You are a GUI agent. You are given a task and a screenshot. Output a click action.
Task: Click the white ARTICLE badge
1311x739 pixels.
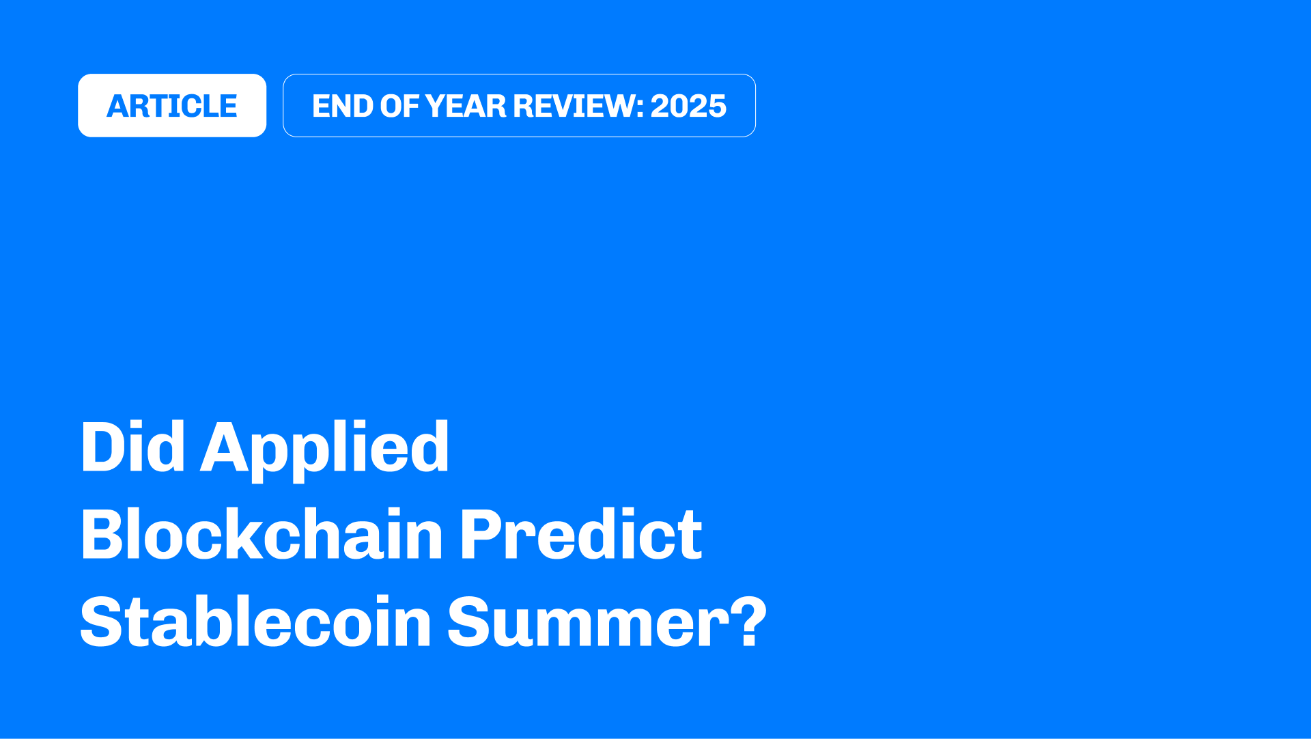[x=172, y=105]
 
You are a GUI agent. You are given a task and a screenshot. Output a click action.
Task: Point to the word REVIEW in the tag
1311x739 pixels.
[x=574, y=106]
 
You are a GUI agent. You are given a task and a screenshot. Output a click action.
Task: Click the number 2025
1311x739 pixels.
[x=688, y=106]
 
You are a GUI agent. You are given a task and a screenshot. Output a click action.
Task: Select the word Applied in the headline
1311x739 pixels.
[x=324, y=451]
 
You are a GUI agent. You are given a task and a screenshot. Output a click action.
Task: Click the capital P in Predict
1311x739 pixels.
[x=481, y=534]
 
